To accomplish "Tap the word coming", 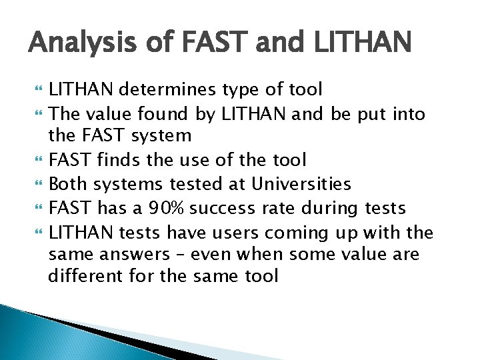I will (293, 232).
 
